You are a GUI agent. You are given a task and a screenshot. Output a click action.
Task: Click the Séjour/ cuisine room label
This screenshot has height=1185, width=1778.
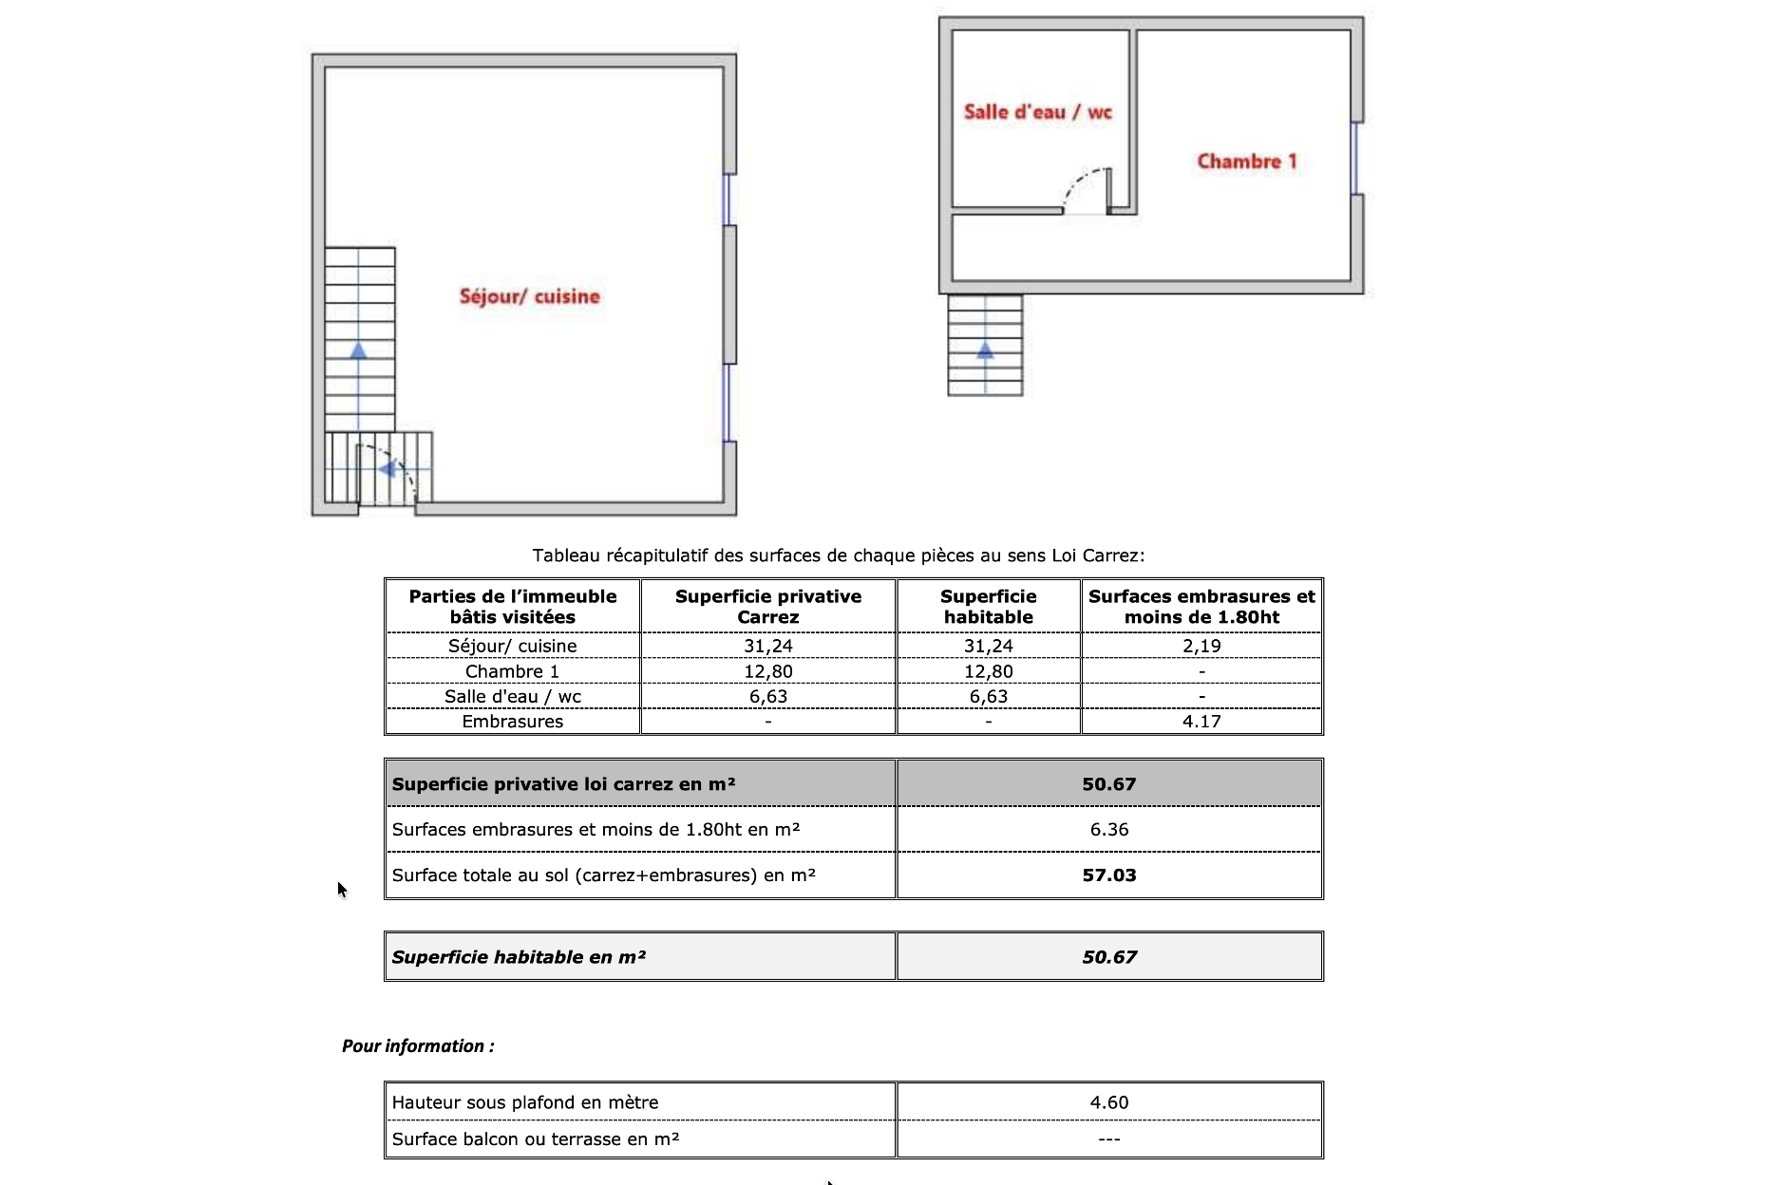[x=529, y=296]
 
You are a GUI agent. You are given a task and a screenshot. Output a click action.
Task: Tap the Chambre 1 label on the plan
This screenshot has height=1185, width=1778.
[x=1246, y=161]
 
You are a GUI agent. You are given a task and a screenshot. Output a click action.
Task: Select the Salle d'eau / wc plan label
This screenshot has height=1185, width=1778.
[x=1037, y=112]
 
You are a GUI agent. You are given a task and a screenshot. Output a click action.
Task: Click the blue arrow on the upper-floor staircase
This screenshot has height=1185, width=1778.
[x=985, y=350]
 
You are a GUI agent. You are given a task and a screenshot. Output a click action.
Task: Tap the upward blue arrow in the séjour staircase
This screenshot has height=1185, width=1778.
[x=358, y=350]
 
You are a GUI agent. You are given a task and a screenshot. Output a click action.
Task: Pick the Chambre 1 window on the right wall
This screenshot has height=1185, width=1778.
[x=1354, y=159]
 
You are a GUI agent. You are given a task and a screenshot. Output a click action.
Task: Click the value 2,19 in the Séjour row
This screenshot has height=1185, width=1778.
[x=1201, y=646]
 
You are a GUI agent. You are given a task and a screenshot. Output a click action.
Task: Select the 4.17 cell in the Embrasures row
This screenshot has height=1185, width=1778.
[x=1201, y=722]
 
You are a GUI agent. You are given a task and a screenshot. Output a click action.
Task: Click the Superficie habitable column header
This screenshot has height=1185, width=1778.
[x=988, y=607]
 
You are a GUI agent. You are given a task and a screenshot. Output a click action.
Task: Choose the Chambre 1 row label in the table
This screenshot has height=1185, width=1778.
[x=512, y=671]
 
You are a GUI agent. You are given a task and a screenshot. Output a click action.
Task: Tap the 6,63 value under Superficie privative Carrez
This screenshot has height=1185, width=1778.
[x=767, y=696]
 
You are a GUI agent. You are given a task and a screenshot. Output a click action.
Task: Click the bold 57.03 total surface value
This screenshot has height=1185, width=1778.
[x=1108, y=875]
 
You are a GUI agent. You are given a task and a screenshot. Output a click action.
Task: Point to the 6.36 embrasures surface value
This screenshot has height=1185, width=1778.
[x=1108, y=830]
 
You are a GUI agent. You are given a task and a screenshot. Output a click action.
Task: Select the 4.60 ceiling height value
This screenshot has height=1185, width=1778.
[x=1108, y=1102]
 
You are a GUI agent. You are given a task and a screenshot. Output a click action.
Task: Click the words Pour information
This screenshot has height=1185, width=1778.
[x=418, y=1046]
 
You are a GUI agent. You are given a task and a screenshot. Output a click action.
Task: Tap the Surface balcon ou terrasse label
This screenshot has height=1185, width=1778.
[x=535, y=1139]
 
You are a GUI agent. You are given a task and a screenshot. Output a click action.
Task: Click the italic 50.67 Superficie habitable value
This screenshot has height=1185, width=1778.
[x=1108, y=957]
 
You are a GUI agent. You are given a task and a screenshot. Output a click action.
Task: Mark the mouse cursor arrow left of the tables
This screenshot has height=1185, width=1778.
[x=342, y=890]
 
